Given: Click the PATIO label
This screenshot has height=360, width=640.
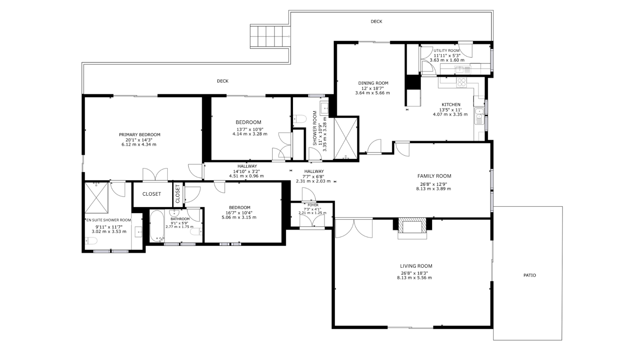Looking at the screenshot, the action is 530,275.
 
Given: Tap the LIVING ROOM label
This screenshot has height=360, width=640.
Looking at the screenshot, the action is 416,266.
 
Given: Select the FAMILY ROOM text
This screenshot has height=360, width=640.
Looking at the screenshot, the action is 434,176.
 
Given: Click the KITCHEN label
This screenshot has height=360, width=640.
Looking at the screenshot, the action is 451,105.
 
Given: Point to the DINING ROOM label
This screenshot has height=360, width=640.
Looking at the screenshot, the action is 373,83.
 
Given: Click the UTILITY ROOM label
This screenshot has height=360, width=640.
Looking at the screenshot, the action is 447,51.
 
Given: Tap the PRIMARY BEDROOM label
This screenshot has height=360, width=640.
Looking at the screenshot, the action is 140,135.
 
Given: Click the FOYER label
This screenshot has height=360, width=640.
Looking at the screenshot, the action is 313,205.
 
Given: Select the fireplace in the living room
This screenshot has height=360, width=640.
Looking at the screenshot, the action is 412,228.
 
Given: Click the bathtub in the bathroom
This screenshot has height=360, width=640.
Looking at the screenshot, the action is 157,226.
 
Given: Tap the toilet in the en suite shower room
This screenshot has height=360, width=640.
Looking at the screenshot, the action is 91,241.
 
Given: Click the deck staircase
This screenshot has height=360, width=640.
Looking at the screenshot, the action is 270,36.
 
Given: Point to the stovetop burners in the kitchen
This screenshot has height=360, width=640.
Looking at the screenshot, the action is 462,82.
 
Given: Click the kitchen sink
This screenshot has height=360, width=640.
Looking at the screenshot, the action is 479,116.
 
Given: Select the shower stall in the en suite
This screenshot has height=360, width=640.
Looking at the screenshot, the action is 96,197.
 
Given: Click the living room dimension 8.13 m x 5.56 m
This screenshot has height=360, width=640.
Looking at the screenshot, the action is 414,278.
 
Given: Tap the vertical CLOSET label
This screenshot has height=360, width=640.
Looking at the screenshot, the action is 177,194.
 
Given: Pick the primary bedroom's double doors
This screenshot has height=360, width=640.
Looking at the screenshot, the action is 155,175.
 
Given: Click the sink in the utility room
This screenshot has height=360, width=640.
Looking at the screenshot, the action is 460,70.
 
